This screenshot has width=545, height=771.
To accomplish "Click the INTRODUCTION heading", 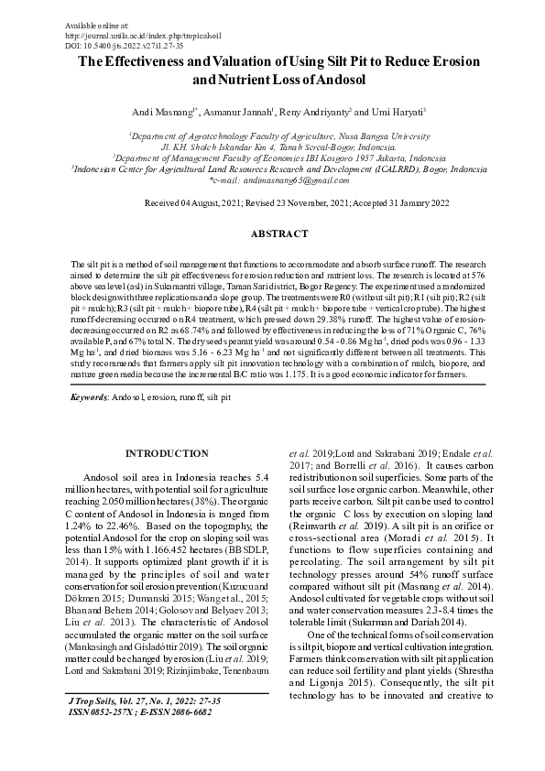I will (x=166, y=454).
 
